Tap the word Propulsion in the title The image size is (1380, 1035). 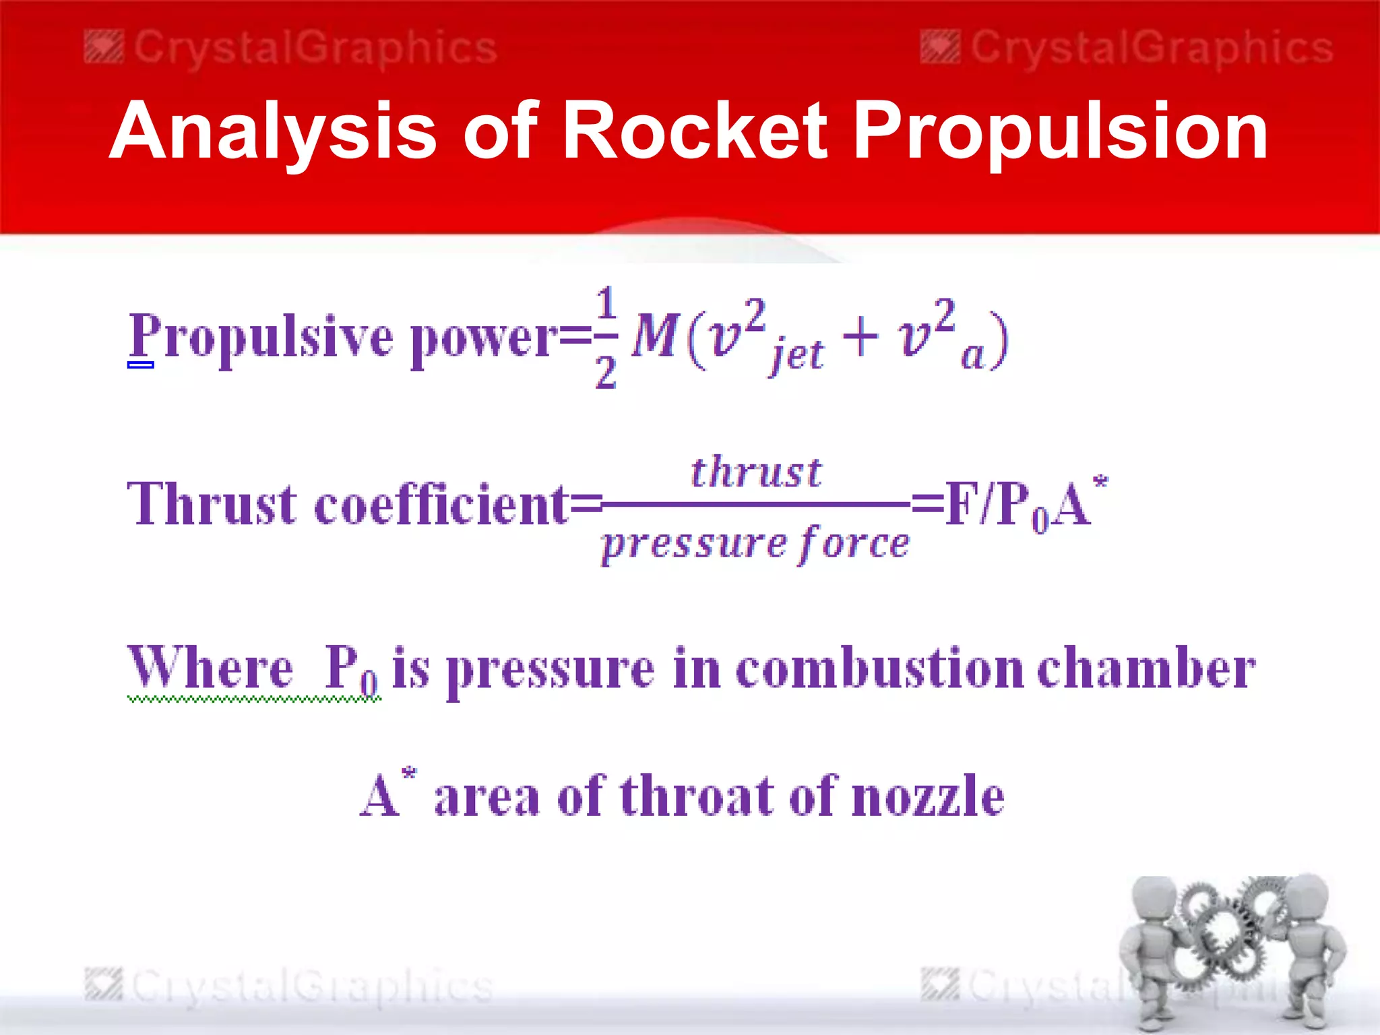click(x=1063, y=132)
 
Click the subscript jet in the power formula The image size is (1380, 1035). click(x=798, y=354)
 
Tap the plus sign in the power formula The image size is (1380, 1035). click(x=860, y=336)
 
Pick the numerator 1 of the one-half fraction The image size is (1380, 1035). click(x=606, y=303)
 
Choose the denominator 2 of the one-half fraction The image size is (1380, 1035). click(x=606, y=373)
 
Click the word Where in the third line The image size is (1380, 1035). click(x=210, y=668)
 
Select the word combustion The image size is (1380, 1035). click(x=879, y=668)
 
